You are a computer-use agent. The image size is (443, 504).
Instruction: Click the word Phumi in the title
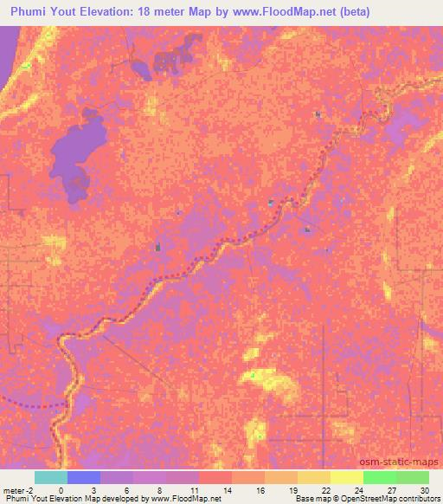31,11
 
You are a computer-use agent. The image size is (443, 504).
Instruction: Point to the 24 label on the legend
363,489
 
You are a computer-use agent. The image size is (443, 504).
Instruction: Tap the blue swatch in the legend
83,477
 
